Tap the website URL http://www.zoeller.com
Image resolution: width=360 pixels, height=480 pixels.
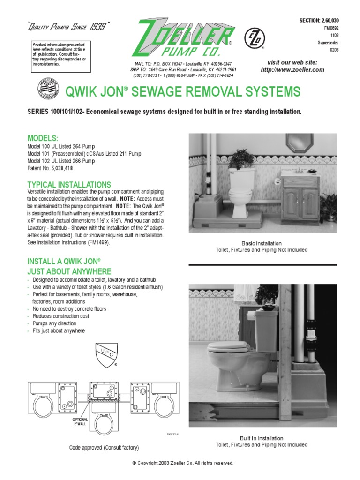(x=292, y=69)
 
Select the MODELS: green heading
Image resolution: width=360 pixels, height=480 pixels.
(x=44, y=139)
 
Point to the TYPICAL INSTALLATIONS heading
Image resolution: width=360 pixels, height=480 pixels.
(x=69, y=184)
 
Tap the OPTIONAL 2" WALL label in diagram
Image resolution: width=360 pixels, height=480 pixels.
(x=80, y=421)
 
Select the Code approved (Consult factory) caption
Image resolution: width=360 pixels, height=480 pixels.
(x=104, y=448)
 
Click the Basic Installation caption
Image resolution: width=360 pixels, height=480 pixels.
(x=261, y=243)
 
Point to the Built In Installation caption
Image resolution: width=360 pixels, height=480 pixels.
(x=262, y=438)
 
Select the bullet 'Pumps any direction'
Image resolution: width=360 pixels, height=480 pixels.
(x=54, y=323)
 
